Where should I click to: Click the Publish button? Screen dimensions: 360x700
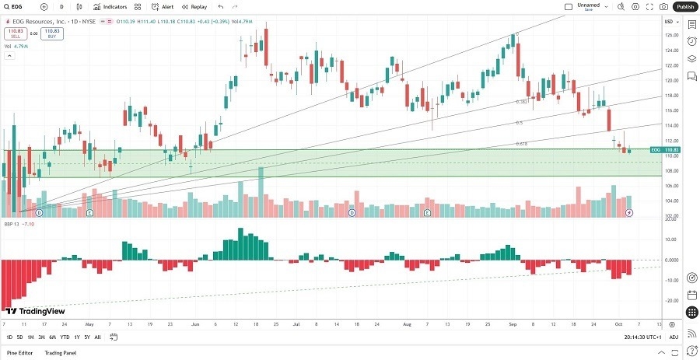(x=684, y=6)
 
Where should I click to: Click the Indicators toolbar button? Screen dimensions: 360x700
(x=110, y=6)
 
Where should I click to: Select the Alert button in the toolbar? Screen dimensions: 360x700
(x=163, y=6)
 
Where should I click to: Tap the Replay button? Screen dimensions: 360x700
(x=194, y=6)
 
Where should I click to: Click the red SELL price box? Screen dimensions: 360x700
(x=14, y=33)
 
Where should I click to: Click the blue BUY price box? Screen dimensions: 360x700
(x=52, y=33)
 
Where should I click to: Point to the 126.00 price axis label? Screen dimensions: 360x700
(x=669, y=35)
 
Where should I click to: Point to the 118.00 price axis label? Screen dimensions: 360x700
(x=669, y=96)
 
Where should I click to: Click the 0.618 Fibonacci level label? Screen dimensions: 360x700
(x=523, y=144)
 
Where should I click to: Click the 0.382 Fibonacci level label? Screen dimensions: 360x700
(x=523, y=102)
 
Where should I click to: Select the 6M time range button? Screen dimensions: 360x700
(x=52, y=337)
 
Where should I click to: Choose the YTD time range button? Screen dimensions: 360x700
(x=65, y=337)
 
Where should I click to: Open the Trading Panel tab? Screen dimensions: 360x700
(x=60, y=353)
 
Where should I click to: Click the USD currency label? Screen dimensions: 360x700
(x=668, y=21)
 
